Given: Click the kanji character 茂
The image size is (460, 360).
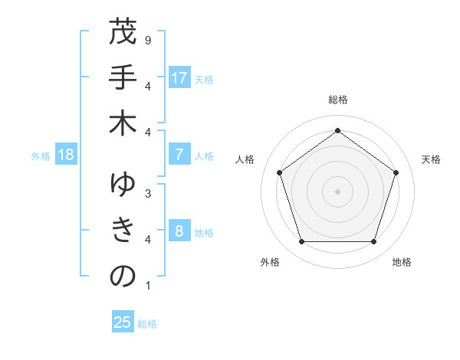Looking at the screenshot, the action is click(x=123, y=33).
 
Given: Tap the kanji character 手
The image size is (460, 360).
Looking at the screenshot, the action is click(x=123, y=78).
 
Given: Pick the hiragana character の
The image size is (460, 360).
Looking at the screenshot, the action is click(x=123, y=277).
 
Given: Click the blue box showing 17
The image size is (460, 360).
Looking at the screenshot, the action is click(x=179, y=78).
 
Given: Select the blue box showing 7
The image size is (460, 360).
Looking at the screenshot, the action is click(x=179, y=155).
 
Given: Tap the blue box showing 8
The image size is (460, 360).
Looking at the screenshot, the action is click(x=179, y=231).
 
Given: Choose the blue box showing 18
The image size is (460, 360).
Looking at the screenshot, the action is click(x=66, y=155).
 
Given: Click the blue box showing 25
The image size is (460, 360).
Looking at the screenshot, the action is click(x=123, y=322).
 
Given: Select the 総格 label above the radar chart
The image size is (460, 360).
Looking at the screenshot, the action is click(x=337, y=100).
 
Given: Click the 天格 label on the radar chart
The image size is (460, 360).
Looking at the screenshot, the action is click(x=431, y=159).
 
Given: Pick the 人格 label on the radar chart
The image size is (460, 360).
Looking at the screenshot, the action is click(x=245, y=159).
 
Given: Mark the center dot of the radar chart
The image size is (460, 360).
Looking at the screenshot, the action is click(x=337, y=191).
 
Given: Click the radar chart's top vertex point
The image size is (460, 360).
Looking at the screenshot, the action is click(x=337, y=130).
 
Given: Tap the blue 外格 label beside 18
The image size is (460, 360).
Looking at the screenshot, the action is click(x=41, y=155).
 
